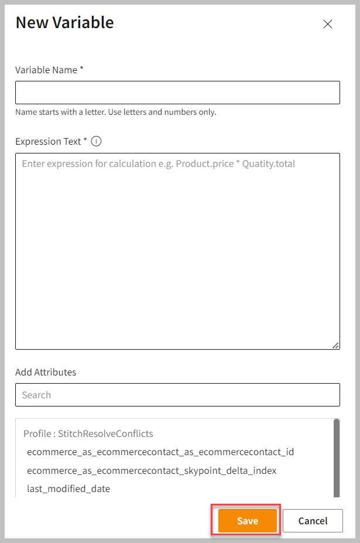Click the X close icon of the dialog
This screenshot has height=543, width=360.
(x=328, y=24)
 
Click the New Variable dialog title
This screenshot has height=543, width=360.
(x=64, y=23)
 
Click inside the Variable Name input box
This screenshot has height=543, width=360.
(x=177, y=93)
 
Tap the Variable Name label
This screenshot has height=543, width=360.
(x=46, y=70)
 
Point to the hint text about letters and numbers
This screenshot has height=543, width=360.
(x=115, y=112)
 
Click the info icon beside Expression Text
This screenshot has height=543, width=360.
(x=97, y=141)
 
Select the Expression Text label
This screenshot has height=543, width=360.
(x=48, y=141)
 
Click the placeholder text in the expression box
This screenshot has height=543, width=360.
(x=158, y=164)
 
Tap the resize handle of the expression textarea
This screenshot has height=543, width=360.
(x=335, y=346)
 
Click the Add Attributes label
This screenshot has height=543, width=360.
(x=46, y=372)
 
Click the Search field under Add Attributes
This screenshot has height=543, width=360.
(x=177, y=395)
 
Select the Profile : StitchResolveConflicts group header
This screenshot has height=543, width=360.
(x=88, y=434)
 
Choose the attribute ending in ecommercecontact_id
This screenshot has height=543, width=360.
(x=160, y=452)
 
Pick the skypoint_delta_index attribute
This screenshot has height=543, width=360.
(x=152, y=470)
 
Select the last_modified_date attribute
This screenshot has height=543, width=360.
(x=68, y=489)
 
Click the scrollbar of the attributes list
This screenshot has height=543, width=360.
(x=336, y=457)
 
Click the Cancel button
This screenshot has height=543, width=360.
(x=313, y=521)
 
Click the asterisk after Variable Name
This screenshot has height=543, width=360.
(x=82, y=69)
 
